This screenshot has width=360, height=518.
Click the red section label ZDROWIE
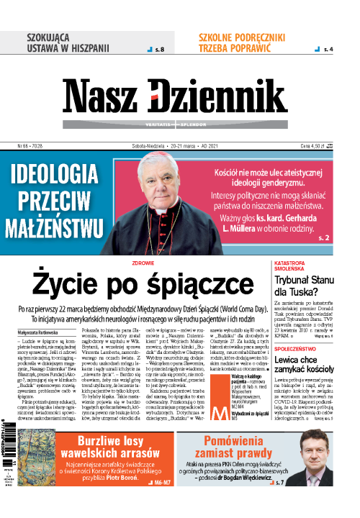(x=144, y=263)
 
